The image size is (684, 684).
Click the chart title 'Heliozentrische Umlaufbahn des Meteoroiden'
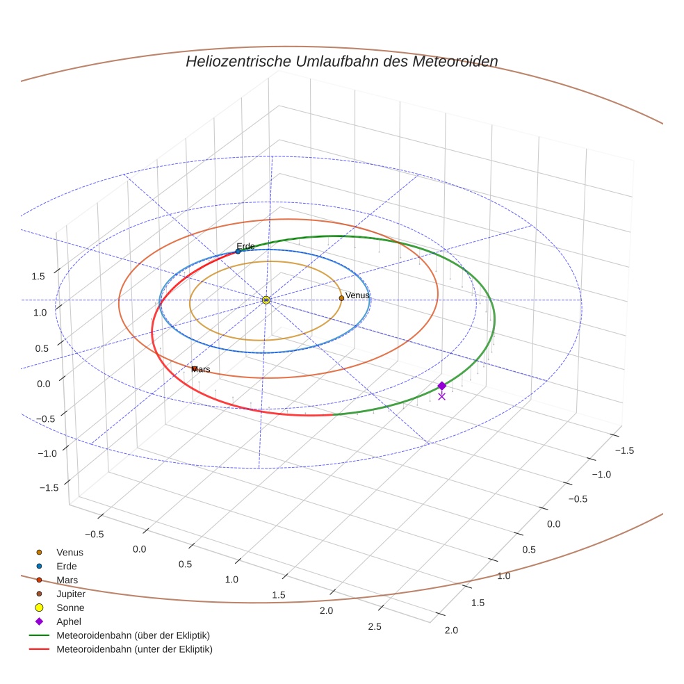341,61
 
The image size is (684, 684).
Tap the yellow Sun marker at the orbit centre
266,300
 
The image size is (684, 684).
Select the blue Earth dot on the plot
238,251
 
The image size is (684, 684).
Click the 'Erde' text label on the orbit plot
245,246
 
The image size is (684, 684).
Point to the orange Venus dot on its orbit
341,298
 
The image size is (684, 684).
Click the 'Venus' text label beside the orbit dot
357,295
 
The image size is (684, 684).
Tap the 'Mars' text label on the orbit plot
201,369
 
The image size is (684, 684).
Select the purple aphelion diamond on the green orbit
442,386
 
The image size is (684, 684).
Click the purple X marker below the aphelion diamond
442,396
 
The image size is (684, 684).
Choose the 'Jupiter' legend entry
71,594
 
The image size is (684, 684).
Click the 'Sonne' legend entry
70,608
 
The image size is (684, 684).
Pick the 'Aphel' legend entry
69,621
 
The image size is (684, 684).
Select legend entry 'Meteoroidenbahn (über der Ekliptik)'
133,635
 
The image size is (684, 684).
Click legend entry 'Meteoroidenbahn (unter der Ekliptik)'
134,649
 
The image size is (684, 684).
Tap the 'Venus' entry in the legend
70,552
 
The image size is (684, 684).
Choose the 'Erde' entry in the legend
66,567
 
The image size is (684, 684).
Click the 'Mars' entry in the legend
67,580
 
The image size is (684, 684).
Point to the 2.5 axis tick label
374,626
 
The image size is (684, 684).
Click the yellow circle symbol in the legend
39,608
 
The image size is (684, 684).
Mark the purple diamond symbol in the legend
39,621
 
